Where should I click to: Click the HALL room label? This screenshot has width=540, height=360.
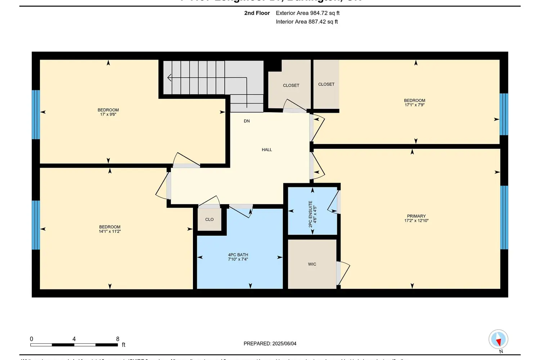pyautogui.click(x=267, y=150)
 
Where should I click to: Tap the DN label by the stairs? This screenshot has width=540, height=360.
pyautogui.click(x=247, y=121)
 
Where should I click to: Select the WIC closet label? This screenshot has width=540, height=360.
pyautogui.click(x=312, y=264)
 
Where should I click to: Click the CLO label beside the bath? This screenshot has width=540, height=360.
pyautogui.click(x=209, y=220)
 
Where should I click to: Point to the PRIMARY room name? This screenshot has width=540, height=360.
pyautogui.click(x=416, y=216)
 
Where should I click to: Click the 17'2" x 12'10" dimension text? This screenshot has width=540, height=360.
pyautogui.click(x=416, y=221)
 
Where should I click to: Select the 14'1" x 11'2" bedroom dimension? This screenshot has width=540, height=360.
pyautogui.click(x=110, y=231)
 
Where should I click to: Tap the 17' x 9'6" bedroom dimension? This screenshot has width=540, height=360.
pyautogui.click(x=108, y=114)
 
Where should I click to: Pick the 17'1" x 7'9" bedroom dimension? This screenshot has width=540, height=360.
pyautogui.click(x=414, y=105)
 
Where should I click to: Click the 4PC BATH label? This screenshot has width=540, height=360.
pyautogui.click(x=238, y=255)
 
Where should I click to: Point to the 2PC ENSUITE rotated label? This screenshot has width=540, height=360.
pyautogui.click(x=310, y=214)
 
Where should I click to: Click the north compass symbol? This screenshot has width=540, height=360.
pyautogui.click(x=498, y=339)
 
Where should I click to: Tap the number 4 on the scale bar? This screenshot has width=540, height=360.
pyautogui.click(x=74, y=339)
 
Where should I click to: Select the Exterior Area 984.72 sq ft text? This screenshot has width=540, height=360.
pyautogui.click(x=307, y=13)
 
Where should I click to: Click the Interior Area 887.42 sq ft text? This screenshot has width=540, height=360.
pyautogui.click(x=307, y=22)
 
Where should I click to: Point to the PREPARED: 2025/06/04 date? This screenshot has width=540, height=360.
pyautogui.click(x=270, y=344)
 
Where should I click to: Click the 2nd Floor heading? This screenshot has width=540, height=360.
pyautogui.click(x=257, y=13)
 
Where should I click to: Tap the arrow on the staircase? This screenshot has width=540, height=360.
pyautogui.click(x=170, y=77)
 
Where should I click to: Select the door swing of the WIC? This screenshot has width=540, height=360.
pyautogui.click(x=344, y=273)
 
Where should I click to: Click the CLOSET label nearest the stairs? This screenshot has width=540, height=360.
pyautogui.click(x=291, y=86)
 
